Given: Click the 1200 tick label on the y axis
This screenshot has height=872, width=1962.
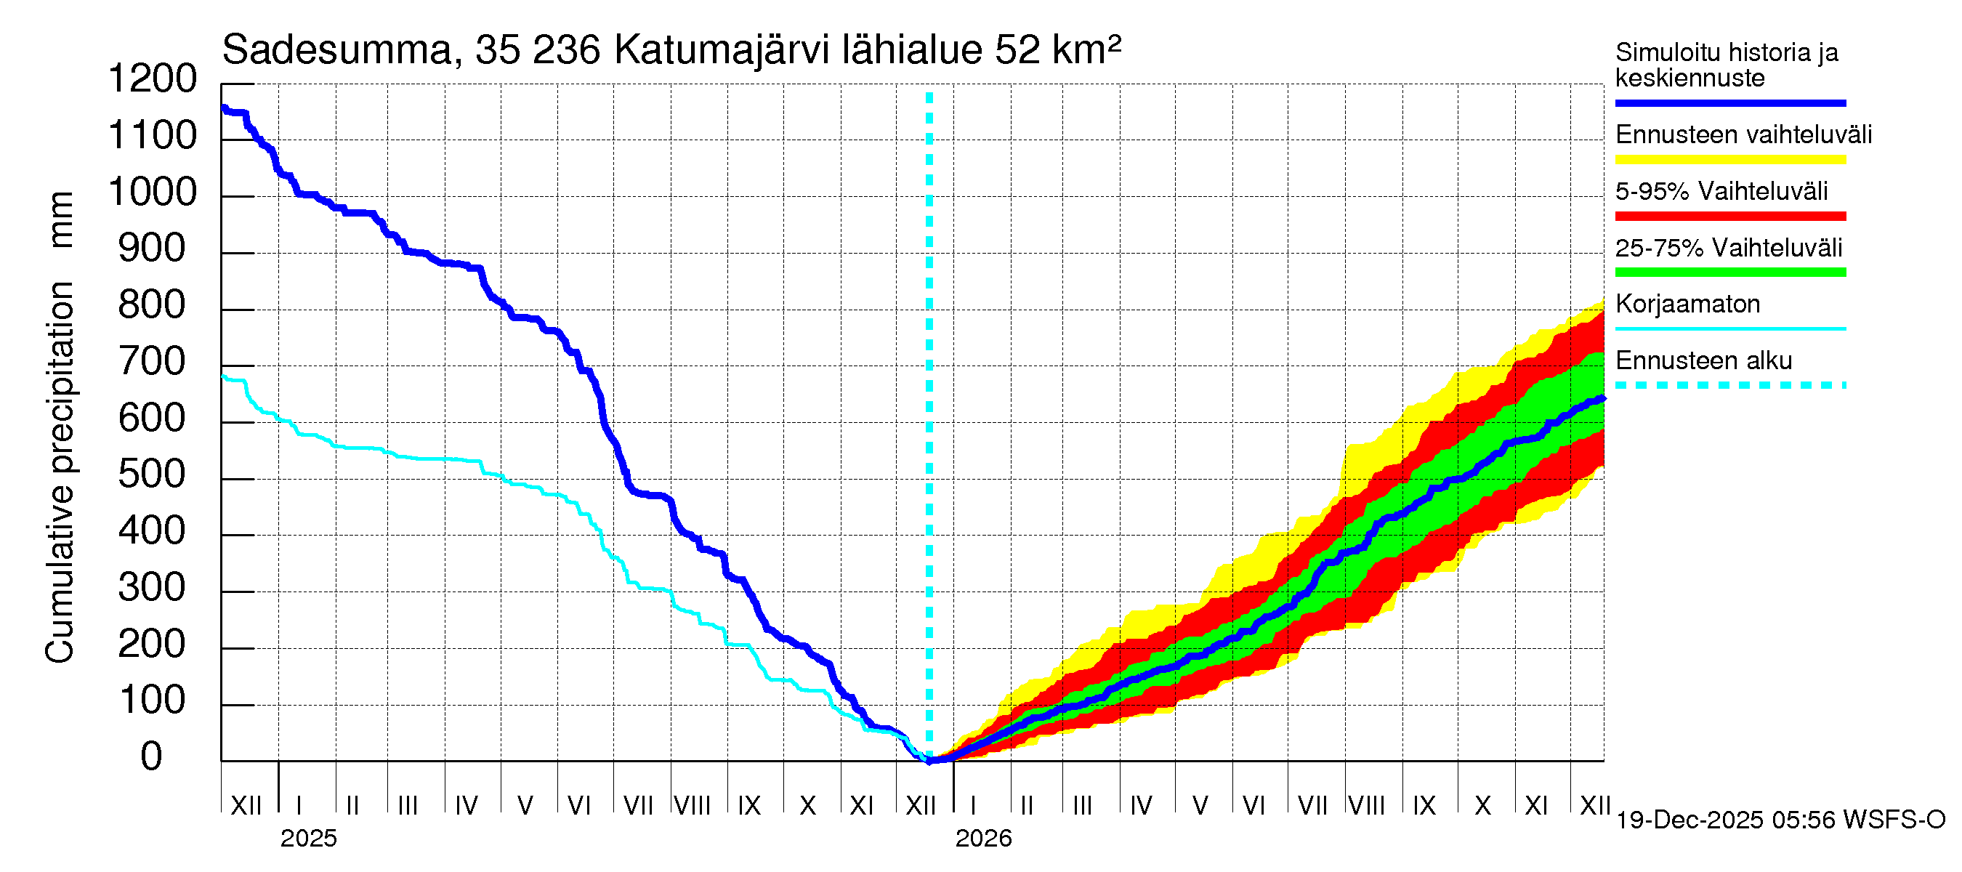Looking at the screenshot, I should click(x=153, y=79).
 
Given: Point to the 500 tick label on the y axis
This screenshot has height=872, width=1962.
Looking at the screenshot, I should click(x=153, y=475).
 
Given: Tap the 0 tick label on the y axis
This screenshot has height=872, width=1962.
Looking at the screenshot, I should click(x=152, y=757).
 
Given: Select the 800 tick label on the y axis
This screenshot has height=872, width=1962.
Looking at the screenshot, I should click(x=153, y=305).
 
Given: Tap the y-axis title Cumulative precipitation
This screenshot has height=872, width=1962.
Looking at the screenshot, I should click(x=60, y=472).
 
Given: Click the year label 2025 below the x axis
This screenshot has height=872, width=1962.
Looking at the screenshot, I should click(x=308, y=839).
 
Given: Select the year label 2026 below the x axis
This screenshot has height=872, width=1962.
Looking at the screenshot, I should click(x=983, y=839).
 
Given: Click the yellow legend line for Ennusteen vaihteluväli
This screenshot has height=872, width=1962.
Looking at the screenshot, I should click(x=1729, y=160).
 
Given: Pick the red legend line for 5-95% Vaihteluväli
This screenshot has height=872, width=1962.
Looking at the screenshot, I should click(x=1729, y=217).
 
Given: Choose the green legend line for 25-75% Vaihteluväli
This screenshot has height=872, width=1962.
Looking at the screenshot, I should click(x=1729, y=272).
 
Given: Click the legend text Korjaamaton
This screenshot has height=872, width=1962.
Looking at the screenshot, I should click(x=1687, y=304).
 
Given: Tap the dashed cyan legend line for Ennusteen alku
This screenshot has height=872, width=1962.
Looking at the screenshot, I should click(x=1729, y=385).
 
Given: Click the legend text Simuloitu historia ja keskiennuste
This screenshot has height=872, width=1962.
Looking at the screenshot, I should click(x=1726, y=65).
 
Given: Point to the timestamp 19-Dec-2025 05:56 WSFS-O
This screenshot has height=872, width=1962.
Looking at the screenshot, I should click(x=1780, y=820).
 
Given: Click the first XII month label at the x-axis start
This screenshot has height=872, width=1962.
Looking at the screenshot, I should click(x=246, y=805).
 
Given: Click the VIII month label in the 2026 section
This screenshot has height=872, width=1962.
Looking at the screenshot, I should click(x=1366, y=805).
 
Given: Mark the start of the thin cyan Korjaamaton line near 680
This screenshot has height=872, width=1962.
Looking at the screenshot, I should click(x=223, y=376).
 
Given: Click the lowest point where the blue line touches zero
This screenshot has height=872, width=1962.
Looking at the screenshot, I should click(x=930, y=760).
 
